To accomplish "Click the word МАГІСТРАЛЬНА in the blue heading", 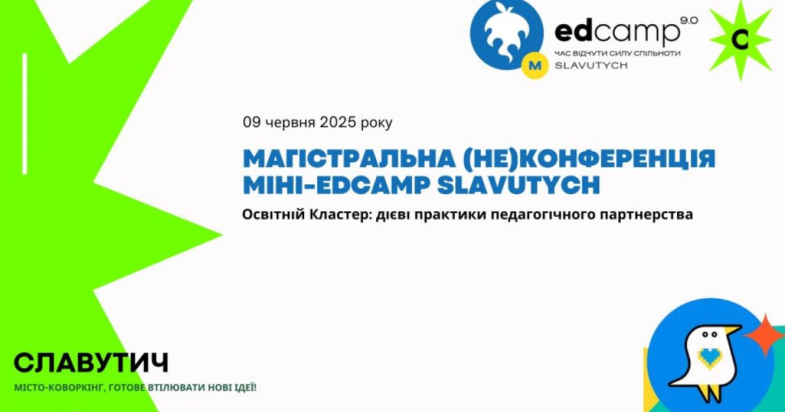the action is click(x=349, y=159).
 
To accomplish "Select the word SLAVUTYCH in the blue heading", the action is click(x=519, y=185).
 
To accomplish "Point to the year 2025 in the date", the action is click(x=338, y=122).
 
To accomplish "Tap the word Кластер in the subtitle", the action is click(x=340, y=215).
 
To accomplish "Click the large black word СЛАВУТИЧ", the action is click(x=91, y=362).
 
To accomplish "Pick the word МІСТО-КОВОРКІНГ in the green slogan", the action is click(x=60, y=388).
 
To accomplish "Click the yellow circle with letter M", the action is click(x=535, y=65).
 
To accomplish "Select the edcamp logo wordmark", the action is click(x=617, y=31).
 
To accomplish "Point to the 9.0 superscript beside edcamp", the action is click(x=689, y=21).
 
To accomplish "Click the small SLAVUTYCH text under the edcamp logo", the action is click(x=591, y=65).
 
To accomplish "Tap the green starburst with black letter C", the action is click(x=741, y=40).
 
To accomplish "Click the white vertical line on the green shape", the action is click(x=25, y=114).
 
